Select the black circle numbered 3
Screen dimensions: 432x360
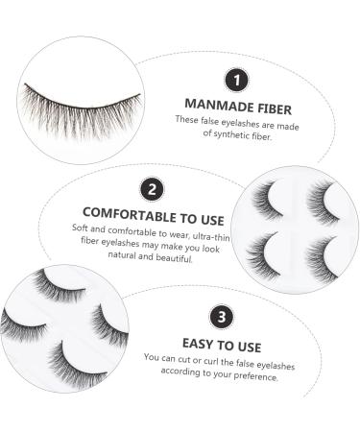click(x=223, y=315)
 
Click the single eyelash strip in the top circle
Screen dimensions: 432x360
click(x=83, y=104)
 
